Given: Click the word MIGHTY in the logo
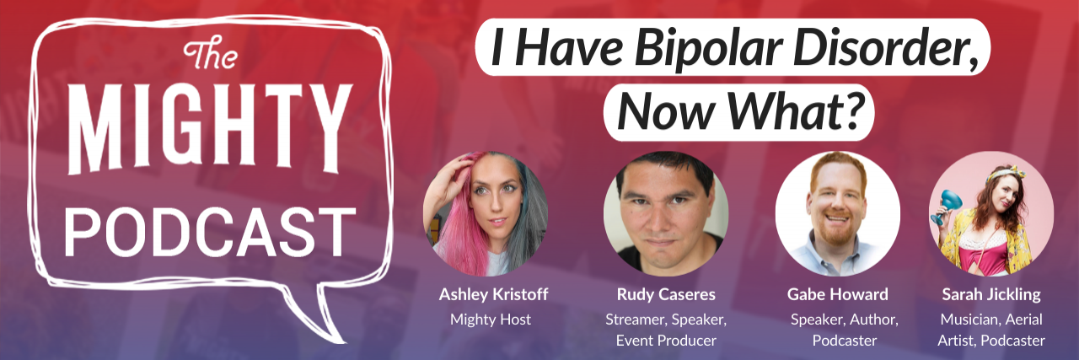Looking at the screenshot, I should (x=209, y=130).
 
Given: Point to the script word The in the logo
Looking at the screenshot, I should (x=205, y=59).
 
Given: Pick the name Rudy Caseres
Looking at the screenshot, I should (x=665, y=295).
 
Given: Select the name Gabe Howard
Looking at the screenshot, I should (x=836, y=295).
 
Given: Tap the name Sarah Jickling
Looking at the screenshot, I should (x=990, y=295).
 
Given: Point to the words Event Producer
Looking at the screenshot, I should (x=665, y=341).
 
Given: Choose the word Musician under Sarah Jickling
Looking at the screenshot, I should (x=966, y=319).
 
